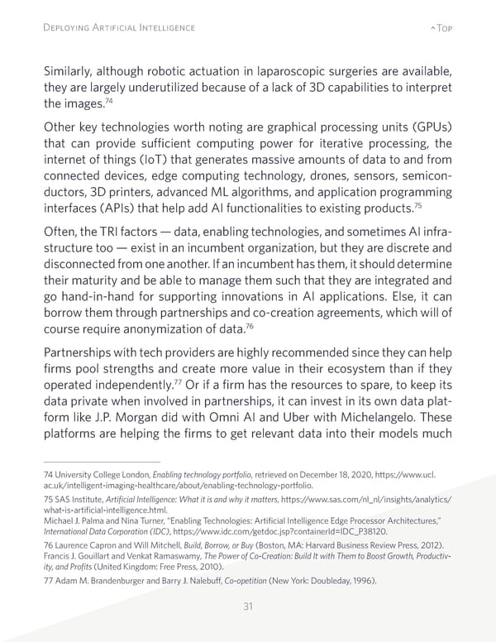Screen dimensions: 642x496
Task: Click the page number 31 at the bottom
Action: [248, 606]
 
